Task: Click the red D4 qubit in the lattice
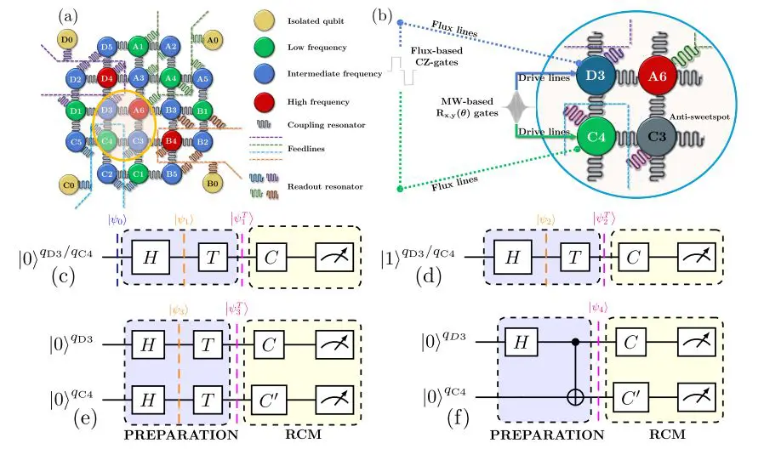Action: point(106,79)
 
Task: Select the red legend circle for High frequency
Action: point(264,101)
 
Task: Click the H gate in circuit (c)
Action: point(151,253)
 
